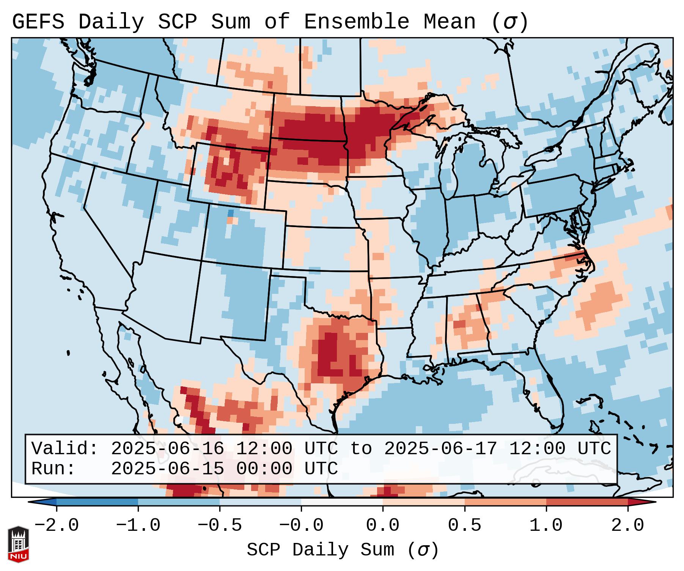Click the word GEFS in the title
[x=38, y=22]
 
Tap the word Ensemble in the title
[x=357, y=22]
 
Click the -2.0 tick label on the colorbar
[x=57, y=526]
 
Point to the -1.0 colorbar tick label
[x=138, y=526]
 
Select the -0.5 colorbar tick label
[x=220, y=526]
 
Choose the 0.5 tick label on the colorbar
[x=465, y=526]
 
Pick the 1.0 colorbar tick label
[x=546, y=526]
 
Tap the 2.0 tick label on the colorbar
[x=628, y=526]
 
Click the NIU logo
[x=18, y=544]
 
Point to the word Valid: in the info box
[x=65, y=449]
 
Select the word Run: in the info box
[x=53, y=469]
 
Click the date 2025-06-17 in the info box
[x=440, y=449]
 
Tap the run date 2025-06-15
[x=167, y=469]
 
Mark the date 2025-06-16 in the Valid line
[x=167, y=449]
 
